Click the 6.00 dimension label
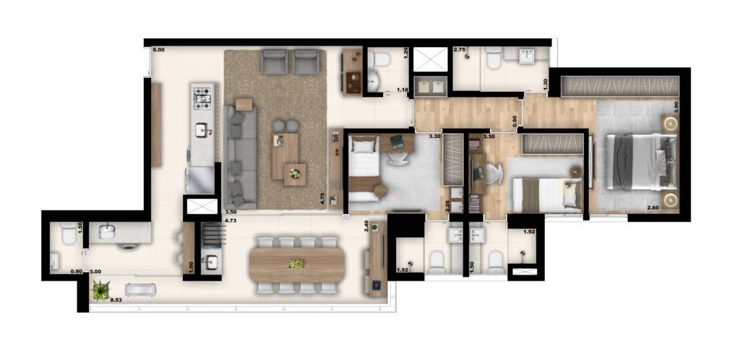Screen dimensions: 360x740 pyautogui.click(x=159, y=50)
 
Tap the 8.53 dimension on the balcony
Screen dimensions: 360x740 pyautogui.click(x=116, y=299)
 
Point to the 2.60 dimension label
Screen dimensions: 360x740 pyautogui.click(x=653, y=208)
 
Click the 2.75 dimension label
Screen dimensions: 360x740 pyautogui.click(x=460, y=50)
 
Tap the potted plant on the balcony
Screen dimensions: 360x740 pyautogui.click(x=100, y=290)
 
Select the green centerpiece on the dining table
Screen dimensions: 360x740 pyautogui.click(x=296, y=264)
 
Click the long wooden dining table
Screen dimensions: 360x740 pyautogui.click(x=296, y=265)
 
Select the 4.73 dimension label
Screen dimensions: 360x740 pyautogui.click(x=231, y=220)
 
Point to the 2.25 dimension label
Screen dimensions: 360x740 pyautogui.click(x=447, y=206)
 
